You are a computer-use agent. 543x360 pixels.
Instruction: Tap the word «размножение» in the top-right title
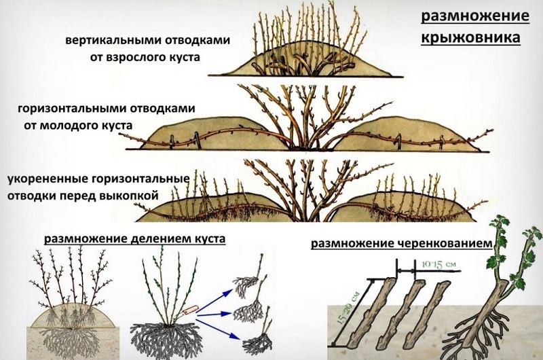pos(475,16)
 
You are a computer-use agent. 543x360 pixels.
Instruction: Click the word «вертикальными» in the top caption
pos(113,40)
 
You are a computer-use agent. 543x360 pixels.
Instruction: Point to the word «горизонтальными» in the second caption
pos(73,109)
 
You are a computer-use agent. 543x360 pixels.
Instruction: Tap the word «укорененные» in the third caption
pos(48,179)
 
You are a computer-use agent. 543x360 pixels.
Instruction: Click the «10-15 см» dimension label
pos(439,264)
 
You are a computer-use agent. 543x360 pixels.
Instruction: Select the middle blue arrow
pos(214,314)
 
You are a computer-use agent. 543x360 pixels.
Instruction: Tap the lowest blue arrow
pos(217,329)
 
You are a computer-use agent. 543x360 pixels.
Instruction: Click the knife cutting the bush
pos(189,309)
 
